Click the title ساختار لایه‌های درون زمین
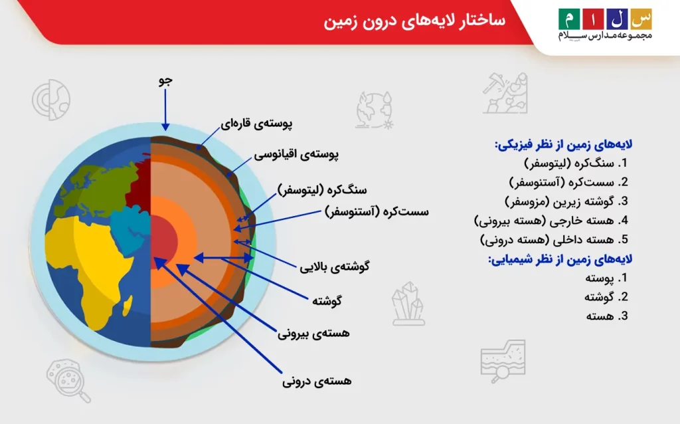[414, 21]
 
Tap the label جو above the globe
[165, 81]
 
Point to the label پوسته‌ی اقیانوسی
[296, 155]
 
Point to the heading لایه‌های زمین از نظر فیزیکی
[563, 144]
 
